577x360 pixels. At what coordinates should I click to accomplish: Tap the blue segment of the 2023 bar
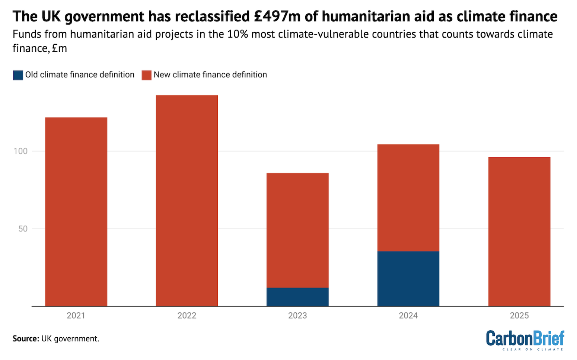coord(297,297)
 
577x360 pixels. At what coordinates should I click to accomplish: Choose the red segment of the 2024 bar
coord(408,198)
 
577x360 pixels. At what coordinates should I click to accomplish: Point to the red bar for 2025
coord(519,231)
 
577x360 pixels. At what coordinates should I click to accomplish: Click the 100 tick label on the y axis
coord(20,151)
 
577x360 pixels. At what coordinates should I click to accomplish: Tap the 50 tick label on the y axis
coord(23,229)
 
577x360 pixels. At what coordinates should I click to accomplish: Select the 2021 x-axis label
coord(76,316)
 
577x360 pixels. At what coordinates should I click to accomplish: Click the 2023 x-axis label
coord(297,316)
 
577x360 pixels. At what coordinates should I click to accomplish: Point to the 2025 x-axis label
coord(519,316)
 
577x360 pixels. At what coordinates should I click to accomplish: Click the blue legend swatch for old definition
coord(18,75)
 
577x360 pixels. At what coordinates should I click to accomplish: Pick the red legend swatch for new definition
coord(146,75)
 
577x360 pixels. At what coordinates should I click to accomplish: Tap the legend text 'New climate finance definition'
coord(210,75)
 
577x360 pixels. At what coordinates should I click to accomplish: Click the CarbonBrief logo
coord(525,340)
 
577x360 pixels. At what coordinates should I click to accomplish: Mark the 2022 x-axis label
coord(187,316)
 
